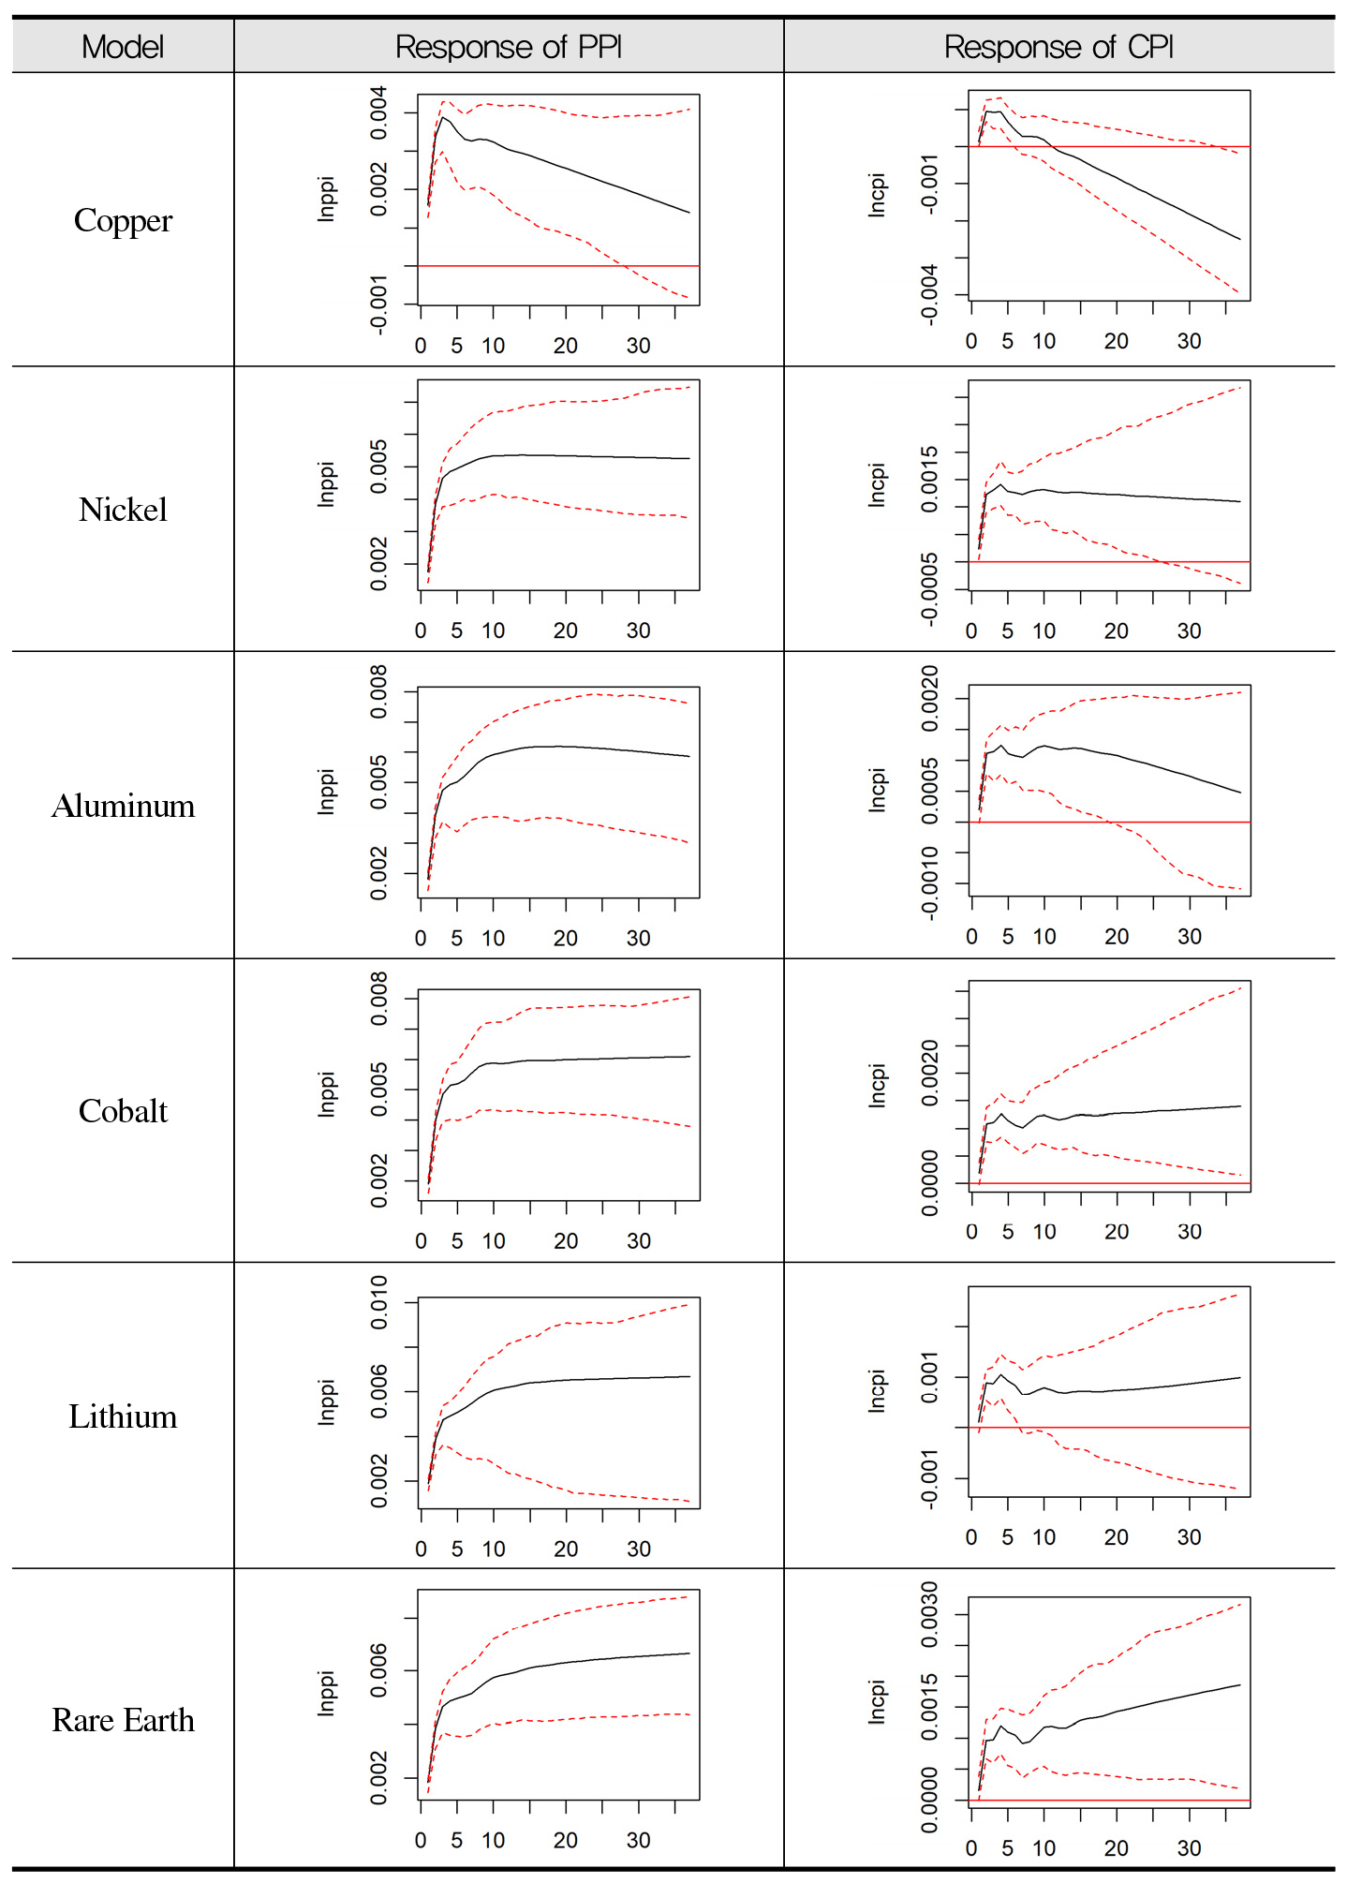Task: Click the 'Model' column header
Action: click(x=123, y=47)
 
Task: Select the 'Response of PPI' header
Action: click(x=508, y=47)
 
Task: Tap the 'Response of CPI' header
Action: click(x=1058, y=47)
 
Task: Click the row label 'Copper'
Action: click(x=123, y=221)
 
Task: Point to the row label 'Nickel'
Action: click(x=123, y=510)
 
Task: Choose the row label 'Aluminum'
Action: click(x=123, y=806)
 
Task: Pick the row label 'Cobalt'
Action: click(x=123, y=1111)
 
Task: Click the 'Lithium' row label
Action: click(x=123, y=1416)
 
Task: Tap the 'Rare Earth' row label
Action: click(x=123, y=1720)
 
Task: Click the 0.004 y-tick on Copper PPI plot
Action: click(x=378, y=113)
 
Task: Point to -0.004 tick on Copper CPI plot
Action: click(x=929, y=294)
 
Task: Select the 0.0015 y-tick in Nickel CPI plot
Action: click(x=929, y=479)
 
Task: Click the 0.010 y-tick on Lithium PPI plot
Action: click(x=378, y=1302)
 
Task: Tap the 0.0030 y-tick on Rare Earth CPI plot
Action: click(x=929, y=1614)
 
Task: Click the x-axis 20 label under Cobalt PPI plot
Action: click(x=566, y=1241)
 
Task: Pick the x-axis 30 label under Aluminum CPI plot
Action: click(x=1190, y=937)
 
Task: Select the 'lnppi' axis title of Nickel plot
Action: click(x=326, y=484)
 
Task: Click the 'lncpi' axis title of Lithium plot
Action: click(x=877, y=1391)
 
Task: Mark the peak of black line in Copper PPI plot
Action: click(x=443, y=117)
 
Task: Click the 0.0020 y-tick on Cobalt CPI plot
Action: click(x=929, y=1073)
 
